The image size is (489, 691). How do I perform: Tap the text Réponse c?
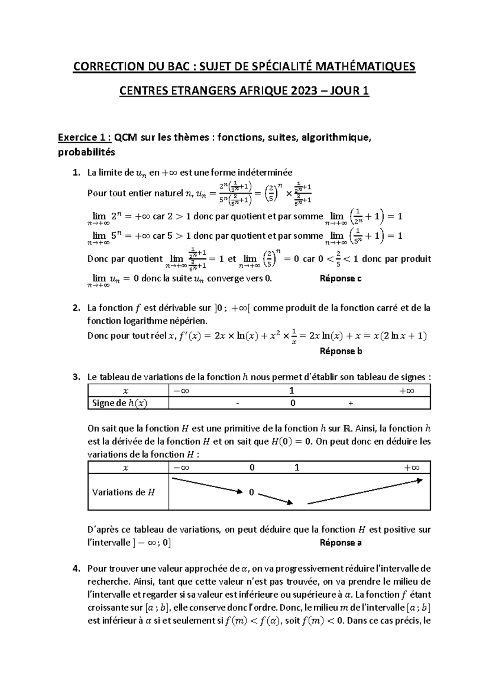(341, 279)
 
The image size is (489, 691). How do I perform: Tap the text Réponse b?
(341, 351)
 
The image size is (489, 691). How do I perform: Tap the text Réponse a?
(341, 543)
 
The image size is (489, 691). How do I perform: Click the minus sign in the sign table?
(236, 404)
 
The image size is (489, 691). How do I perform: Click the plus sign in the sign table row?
(351, 404)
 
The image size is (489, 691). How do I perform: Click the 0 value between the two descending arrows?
(251, 493)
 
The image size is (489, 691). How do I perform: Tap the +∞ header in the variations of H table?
(412, 468)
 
